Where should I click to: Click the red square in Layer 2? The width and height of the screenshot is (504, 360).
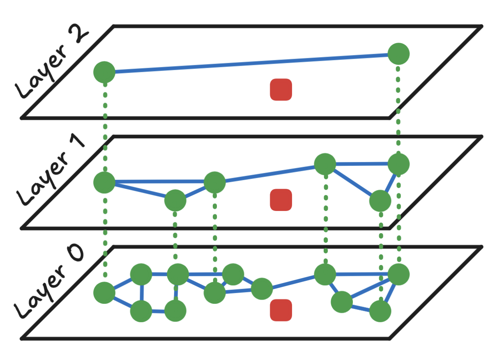[x=281, y=90]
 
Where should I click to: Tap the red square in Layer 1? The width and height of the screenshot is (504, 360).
[x=281, y=200]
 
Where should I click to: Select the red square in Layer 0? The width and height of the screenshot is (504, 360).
[x=281, y=310]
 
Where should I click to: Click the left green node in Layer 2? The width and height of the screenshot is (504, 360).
[x=104, y=72]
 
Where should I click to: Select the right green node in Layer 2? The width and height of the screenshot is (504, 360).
[x=398, y=54]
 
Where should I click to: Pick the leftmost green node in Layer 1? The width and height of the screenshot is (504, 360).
[x=104, y=182]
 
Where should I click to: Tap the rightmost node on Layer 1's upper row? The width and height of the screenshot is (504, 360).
[x=398, y=164]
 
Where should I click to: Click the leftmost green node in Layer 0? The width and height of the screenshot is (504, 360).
[x=104, y=293]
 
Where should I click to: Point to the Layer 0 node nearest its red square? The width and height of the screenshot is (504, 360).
[x=262, y=289]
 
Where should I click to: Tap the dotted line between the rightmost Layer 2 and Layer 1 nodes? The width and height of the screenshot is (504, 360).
[x=398, y=109]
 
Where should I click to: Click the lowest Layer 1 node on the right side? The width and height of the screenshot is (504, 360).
[x=380, y=201]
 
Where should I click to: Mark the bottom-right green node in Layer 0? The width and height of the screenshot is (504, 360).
[x=380, y=311]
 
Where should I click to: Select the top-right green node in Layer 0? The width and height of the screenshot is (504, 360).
[x=398, y=274]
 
